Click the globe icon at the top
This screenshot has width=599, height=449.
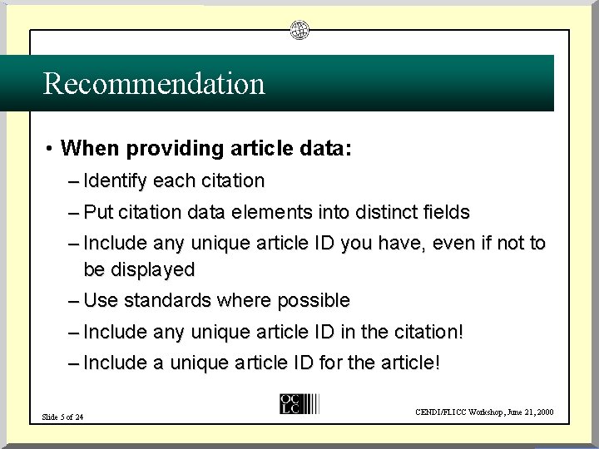pyautogui.click(x=299, y=32)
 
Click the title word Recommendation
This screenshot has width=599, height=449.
pyautogui.click(x=154, y=83)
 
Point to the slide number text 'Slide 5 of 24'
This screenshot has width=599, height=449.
pyautogui.click(x=62, y=416)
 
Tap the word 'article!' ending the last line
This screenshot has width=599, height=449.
pyautogui.click(x=408, y=363)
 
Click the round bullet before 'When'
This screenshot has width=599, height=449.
pyautogui.click(x=51, y=150)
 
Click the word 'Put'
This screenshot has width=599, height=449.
pyautogui.click(x=98, y=212)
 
